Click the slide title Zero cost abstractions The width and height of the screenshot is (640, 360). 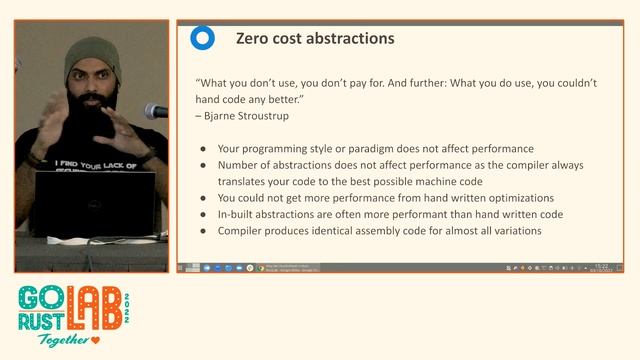pyautogui.click(x=314, y=39)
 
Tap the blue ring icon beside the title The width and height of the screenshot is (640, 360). pyautogui.click(x=202, y=39)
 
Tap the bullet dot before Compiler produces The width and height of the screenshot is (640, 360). pyautogui.click(x=203, y=231)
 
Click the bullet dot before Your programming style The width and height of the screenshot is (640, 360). pyautogui.click(x=203, y=149)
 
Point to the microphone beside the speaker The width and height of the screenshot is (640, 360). pyautogui.click(x=155, y=111)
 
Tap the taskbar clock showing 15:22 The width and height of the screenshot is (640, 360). pyautogui.click(x=602, y=267)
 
